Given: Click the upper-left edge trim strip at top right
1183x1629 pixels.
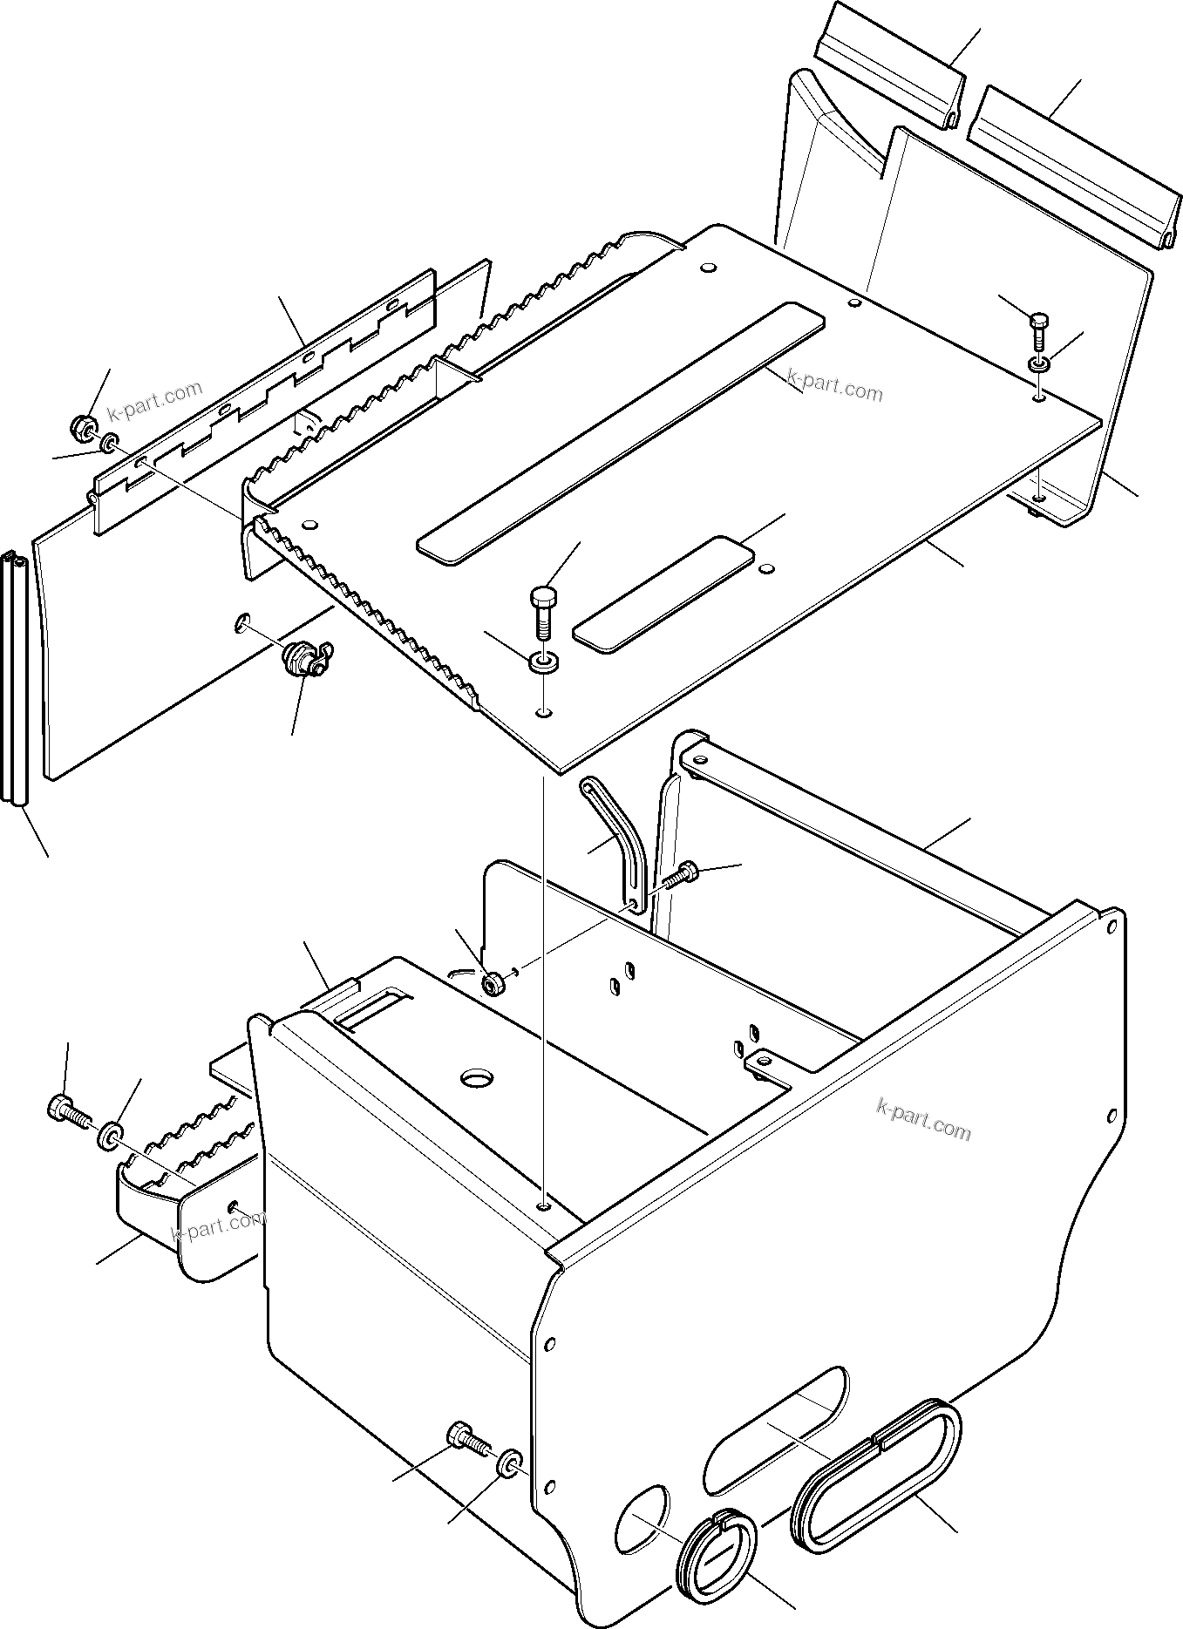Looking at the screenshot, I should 889,66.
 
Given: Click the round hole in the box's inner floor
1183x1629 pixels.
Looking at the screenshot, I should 477,1078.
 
